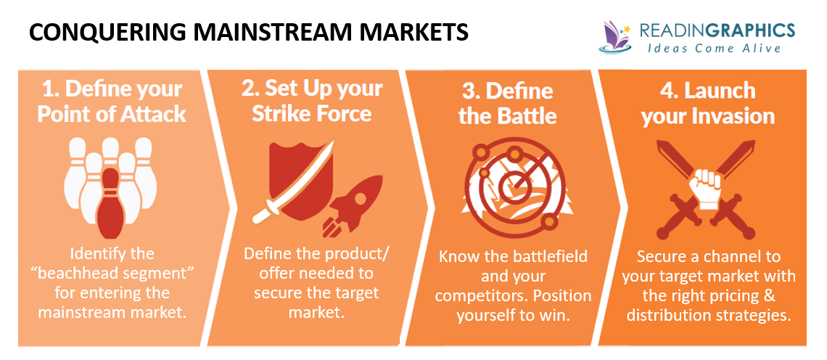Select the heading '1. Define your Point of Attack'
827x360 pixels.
coord(111,101)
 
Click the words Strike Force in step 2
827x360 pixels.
coord(312,114)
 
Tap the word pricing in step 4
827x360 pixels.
coord(740,296)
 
